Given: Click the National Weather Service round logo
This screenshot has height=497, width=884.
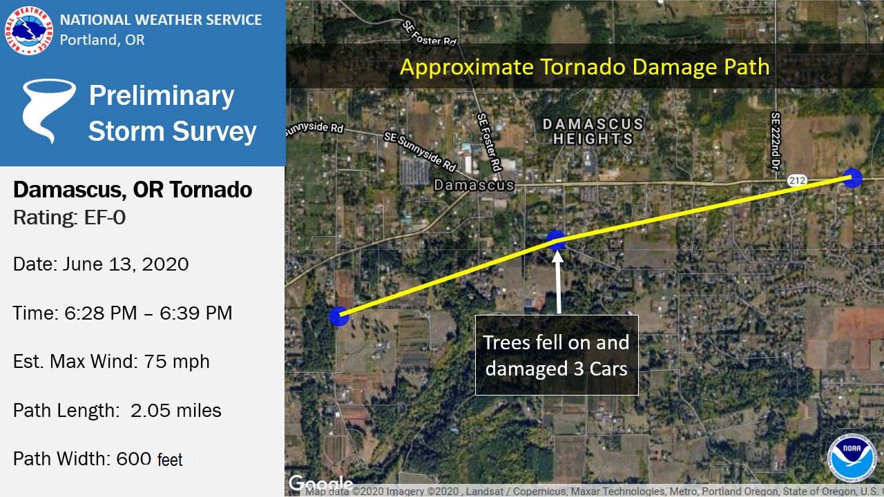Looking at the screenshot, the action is [x=29, y=30].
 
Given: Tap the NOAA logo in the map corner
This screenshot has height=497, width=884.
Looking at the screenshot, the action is [x=852, y=458].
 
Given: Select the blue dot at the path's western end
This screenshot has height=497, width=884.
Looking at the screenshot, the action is [x=338, y=316].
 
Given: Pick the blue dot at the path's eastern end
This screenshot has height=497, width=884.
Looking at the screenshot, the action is [x=852, y=177].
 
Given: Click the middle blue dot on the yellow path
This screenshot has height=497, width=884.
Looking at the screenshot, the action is [x=556, y=240].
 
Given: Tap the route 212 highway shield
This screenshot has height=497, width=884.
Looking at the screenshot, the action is [x=797, y=181].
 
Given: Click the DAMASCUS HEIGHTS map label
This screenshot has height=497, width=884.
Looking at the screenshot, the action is [x=593, y=131].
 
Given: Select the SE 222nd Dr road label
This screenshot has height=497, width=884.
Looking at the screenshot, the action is [x=776, y=142].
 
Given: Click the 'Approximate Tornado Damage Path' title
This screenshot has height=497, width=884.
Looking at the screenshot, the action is [x=584, y=67].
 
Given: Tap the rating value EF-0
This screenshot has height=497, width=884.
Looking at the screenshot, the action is [x=104, y=217].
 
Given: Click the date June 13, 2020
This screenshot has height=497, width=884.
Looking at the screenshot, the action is [x=126, y=264].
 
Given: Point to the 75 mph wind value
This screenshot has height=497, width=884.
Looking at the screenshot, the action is [x=176, y=362].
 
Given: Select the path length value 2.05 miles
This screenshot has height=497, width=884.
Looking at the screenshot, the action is [x=175, y=411].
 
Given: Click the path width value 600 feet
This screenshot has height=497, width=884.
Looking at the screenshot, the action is [x=149, y=459].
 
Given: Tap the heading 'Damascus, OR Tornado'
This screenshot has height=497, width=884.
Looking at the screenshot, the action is [x=133, y=190].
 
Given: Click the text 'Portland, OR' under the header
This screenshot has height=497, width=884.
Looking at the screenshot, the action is [x=102, y=40].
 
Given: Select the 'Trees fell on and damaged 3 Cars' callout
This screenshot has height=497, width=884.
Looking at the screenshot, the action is [x=557, y=355].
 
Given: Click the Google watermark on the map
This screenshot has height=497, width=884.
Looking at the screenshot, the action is [x=321, y=483].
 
